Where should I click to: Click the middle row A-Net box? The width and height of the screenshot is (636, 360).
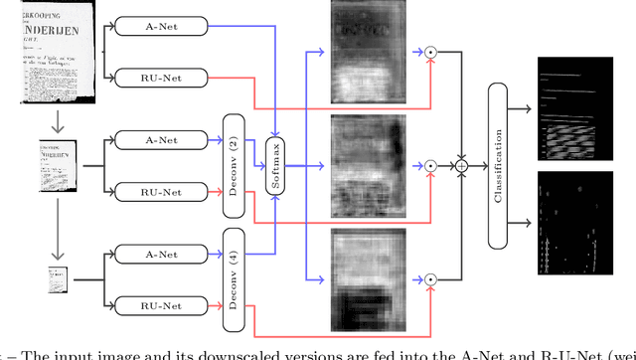tap(162, 139)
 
